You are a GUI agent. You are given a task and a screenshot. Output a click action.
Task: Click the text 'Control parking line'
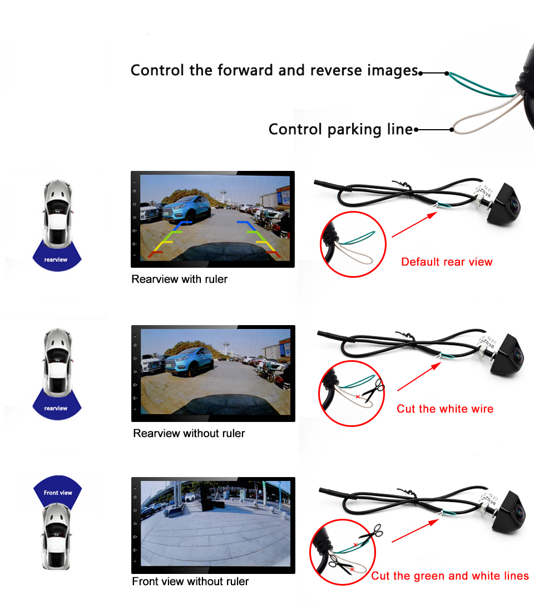340,130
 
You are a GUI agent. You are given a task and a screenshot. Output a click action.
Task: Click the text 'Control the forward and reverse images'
274,71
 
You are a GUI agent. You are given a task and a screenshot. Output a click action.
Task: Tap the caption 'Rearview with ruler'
179,279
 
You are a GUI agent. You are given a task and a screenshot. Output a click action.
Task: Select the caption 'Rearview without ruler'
189,433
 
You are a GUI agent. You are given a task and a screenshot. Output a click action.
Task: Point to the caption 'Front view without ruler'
190,582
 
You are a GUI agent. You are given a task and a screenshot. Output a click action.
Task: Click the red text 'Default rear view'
447,262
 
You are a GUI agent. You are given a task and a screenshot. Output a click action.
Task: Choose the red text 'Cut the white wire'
444,409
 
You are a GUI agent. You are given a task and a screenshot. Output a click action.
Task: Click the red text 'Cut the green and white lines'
449,576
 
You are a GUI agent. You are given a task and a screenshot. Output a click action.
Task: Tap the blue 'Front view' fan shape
58,489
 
